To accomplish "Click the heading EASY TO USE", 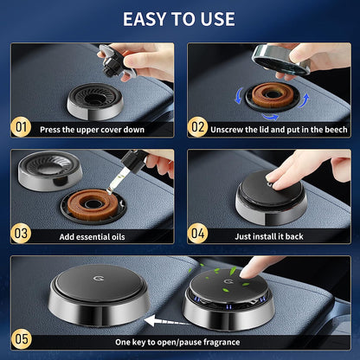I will (x=180, y=19).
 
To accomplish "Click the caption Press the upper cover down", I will (x=100, y=129).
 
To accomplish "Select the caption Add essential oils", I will (x=98, y=235).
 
